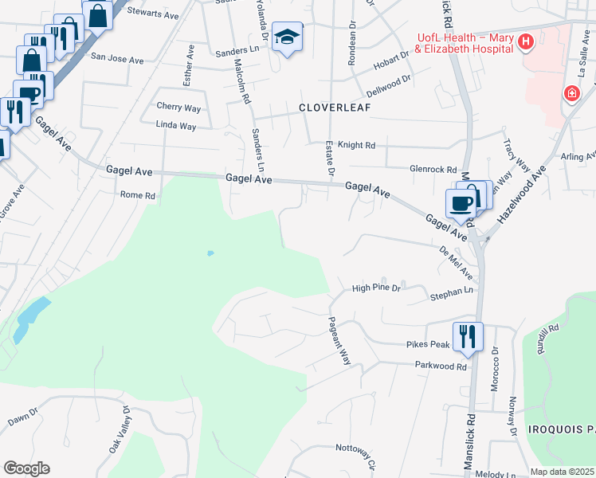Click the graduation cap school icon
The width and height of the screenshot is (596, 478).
point(286,37)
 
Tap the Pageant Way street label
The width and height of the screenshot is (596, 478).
point(340,341)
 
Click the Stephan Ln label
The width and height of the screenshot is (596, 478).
point(452,293)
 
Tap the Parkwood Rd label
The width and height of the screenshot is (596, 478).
point(440,366)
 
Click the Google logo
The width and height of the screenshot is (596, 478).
point(25,468)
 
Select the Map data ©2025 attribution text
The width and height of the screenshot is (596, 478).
point(563,472)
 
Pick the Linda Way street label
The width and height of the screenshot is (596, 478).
point(176,126)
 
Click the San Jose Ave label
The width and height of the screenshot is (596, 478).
point(117,58)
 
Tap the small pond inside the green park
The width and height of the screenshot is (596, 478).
point(210,253)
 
